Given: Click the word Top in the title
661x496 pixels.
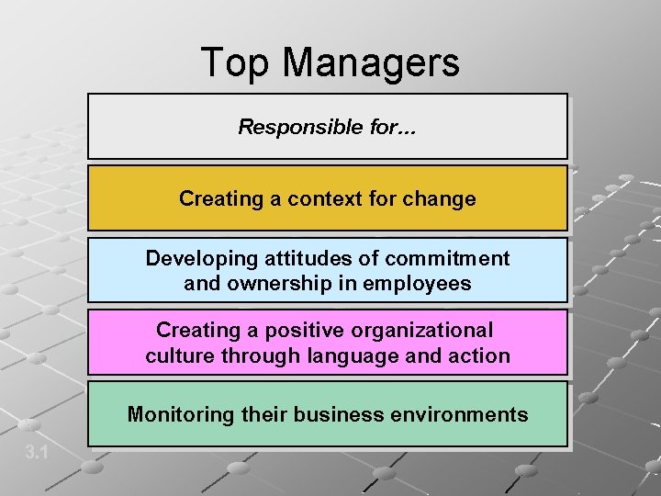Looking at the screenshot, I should pyautogui.click(x=236, y=63).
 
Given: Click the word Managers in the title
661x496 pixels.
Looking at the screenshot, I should pyautogui.click(x=371, y=63).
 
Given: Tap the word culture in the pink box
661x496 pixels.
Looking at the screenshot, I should pyautogui.click(x=179, y=355).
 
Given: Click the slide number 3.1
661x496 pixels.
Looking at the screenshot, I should pyautogui.click(x=38, y=451).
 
